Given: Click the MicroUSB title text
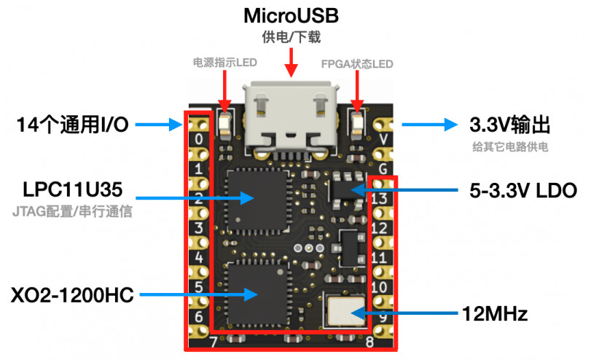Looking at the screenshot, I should [x=291, y=15].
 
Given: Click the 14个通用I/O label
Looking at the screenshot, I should [x=72, y=125].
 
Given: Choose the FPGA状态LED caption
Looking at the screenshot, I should [x=357, y=63].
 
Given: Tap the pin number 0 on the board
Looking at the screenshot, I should [x=199, y=138].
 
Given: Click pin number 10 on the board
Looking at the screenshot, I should [x=378, y=287].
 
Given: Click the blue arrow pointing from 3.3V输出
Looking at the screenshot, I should [x=430, y=125].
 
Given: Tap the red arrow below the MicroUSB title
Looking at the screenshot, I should [x=291, y=62].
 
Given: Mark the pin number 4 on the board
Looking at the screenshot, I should [x=199, y=258].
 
